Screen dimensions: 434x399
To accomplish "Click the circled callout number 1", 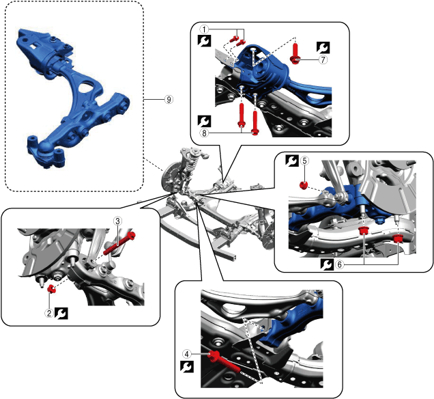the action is (203, 29).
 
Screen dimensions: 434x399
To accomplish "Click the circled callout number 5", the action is (305, 161).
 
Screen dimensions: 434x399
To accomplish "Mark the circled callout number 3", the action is (117, 221).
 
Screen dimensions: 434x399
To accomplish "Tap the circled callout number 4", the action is (186, 354).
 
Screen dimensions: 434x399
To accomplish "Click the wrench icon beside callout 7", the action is (322, 47).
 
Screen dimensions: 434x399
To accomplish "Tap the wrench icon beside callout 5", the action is (292, 161).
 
